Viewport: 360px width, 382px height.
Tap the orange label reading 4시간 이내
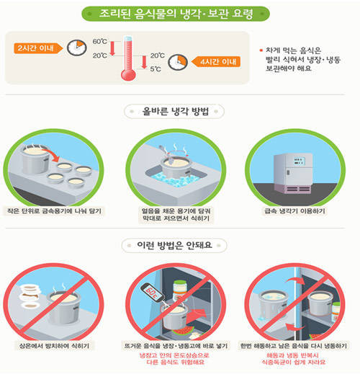[216, 62]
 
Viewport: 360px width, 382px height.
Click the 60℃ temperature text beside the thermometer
[100, 41]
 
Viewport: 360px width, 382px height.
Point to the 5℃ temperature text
[156, 69]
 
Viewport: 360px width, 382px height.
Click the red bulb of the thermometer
[128, 74]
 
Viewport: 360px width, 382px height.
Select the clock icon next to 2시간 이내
[77, 48]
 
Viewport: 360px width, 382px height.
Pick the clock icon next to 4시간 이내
[178, 62]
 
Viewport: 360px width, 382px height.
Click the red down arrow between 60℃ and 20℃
[112, 48]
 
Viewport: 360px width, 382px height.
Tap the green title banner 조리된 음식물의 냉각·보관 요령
[176, 14]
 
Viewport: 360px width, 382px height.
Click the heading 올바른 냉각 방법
[176, 112]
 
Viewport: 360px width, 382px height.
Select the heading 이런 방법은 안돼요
[174, 245]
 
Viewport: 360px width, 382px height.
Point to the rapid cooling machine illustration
[293, 173]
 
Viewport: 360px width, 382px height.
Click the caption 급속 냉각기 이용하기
[294, 210]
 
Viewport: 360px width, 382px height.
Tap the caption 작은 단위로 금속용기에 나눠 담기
[54, 210]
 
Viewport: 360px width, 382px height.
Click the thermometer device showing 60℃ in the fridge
[151, 292]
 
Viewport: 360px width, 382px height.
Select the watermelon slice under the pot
[183, 331]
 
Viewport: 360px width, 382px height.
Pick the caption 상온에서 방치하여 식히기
[54, 346]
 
